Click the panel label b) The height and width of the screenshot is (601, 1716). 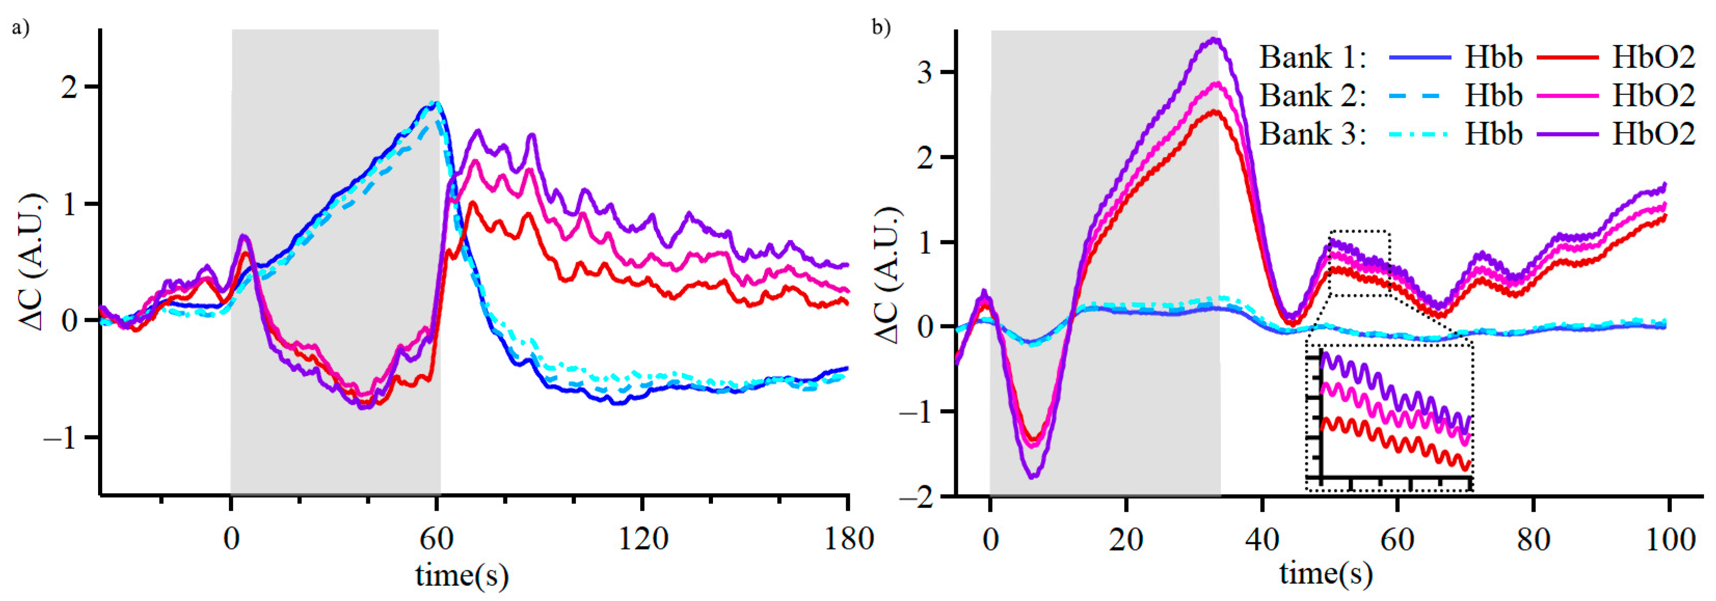coord(881,28)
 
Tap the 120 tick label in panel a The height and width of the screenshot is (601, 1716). coord(643,538)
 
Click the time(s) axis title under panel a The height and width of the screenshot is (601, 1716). coord(462,575)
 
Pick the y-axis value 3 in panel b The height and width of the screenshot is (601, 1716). coord(925,72)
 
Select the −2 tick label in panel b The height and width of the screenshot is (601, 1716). coord(916,497)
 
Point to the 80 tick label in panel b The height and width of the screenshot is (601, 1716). coord(1533,538)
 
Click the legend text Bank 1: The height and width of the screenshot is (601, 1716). coord(1312,58)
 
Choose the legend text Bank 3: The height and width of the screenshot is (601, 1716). coord(1312,134)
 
